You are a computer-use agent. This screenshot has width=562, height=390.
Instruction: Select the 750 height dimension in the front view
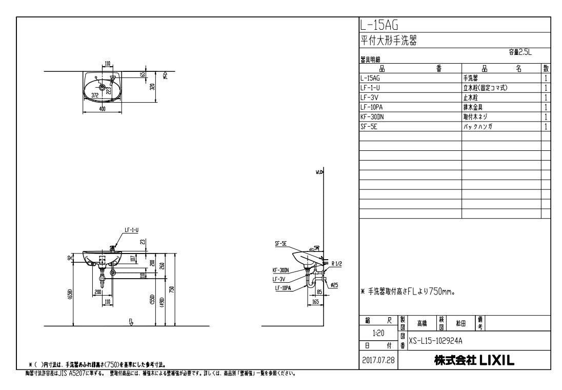tap(172, 290)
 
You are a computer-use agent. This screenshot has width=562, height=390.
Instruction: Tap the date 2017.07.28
tap(379, 360)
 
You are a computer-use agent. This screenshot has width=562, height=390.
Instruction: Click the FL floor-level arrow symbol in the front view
tap(131, 322)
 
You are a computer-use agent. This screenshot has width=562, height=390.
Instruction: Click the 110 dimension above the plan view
tap(108, 64)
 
